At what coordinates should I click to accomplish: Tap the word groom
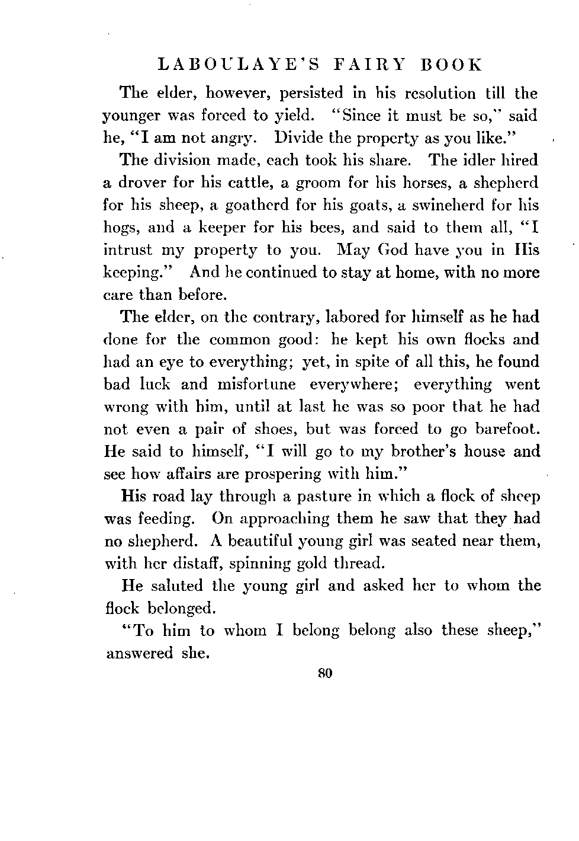coord(304,183)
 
